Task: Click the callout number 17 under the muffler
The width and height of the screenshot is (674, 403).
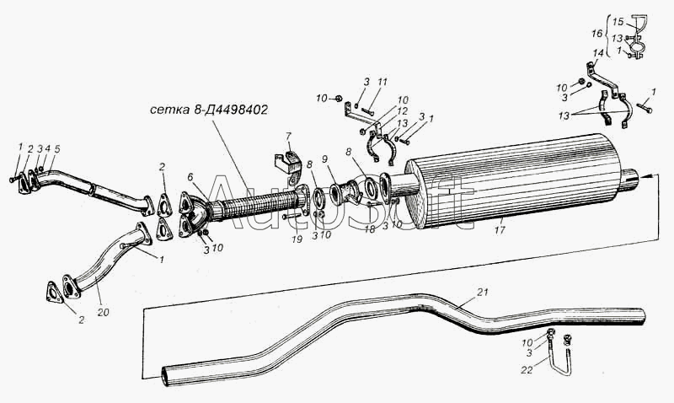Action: click(x=500, y=230)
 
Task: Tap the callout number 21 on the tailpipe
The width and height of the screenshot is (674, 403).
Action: click(x=483, y=293)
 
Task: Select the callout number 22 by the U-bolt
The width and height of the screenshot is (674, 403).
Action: click(x=527, y=370)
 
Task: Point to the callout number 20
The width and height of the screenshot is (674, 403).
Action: click(x=103, y=313)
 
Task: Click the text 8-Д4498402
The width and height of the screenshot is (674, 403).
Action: click(x=227, y=110)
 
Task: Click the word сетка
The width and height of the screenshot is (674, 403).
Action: click(x=167, y=110)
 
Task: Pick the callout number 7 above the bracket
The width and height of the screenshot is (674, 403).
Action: click(x=288, y=137)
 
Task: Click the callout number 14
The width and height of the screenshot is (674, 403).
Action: click(x=598, y=53)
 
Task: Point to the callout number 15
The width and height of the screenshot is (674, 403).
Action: click(x=618, y=22)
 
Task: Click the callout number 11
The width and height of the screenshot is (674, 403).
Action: click(x=382, y=82)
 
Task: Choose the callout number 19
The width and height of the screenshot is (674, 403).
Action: click(x=297, y=239)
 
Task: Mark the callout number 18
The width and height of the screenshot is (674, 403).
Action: click(x=370, y=228)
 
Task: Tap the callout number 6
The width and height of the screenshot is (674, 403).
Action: click(x=190, y=177)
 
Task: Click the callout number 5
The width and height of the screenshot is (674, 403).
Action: click(x=57, y=149)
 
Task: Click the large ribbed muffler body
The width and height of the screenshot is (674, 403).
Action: click(x=511, y=181)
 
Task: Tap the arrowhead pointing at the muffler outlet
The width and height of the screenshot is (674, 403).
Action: click(x=644, y=176)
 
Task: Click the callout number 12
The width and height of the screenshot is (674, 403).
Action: click(x=403, y=111)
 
